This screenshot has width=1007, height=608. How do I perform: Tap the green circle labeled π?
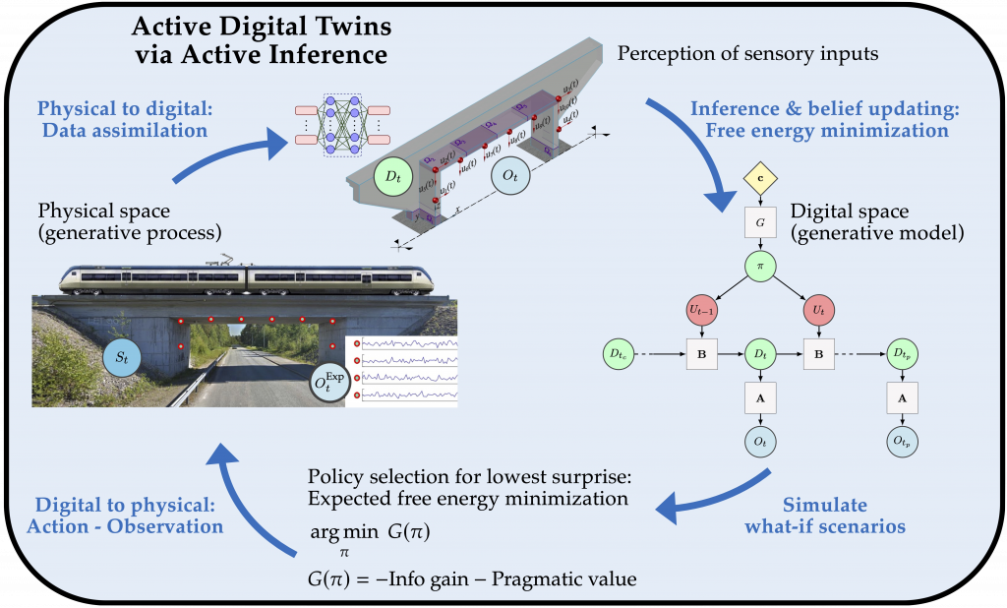click(760, 266)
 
